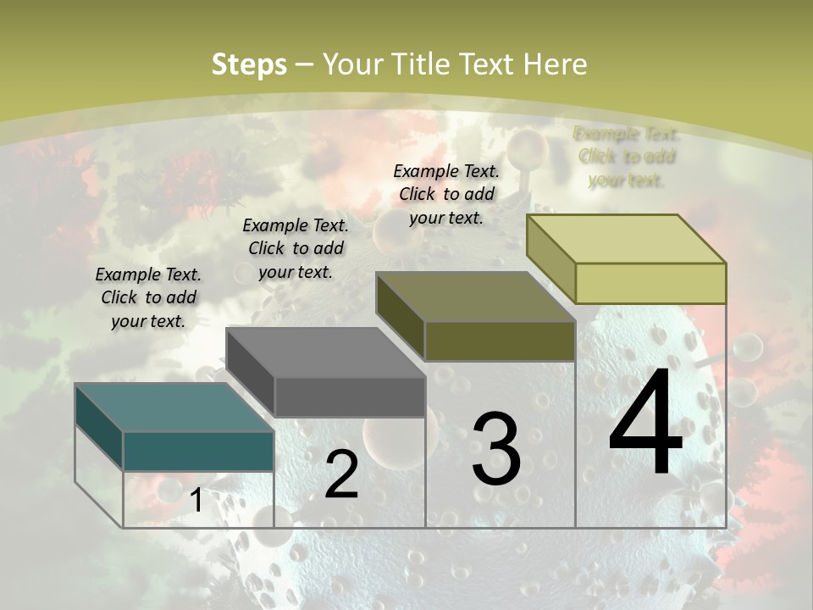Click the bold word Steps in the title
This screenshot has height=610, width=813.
coord(249,64)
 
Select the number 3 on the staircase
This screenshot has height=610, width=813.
coord(495,449)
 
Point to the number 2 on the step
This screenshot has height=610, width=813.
coord(341,474)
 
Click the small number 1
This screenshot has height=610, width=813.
coord(196,501)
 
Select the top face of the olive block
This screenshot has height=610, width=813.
coord(474,297)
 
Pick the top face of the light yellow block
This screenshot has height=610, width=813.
coord(625,239)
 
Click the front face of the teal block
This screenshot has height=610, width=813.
coord(198,451)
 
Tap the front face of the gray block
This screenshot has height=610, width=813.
coord(349,396)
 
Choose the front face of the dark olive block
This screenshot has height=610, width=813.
coord(500,341)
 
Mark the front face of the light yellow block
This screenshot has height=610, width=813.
coord(650,283)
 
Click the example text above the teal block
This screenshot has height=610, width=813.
coord(148,297)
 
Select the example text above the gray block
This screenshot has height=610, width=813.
coord(296,248)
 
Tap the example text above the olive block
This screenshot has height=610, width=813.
coord(446,194)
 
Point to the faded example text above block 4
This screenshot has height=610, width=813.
coord(627,157)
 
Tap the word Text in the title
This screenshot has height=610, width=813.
coord(489,64)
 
